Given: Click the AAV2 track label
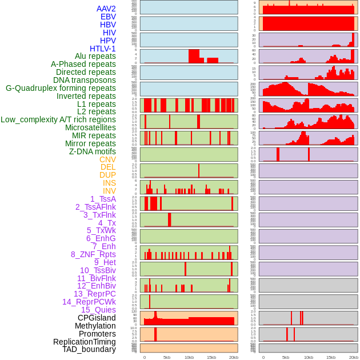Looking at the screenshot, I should pyautogui.click(x=106, y=9).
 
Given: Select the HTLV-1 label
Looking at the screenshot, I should pyautogui.click(x=102, y=49).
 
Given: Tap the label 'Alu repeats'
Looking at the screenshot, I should pyautogui.click(x=95, y=56).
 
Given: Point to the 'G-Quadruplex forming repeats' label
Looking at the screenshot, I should pyautogui.click(x=61, y=88).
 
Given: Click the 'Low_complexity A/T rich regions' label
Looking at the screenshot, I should pyautogui.click(x=58, y=119).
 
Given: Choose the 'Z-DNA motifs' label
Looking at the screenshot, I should pyautogui.click(x=92, y=151).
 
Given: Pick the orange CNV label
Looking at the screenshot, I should pyautogui.click(x=107, y=159).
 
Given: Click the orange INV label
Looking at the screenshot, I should pyautogui.click(x=109, y=191).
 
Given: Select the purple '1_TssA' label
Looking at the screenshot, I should pyautogui.click(x=103, y=199).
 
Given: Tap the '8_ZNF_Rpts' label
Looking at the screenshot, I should pyautogui.click(x=93, y=254).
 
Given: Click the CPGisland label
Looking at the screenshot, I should pyautogui.click(x=97, y=318).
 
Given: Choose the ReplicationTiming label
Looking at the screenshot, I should pyautogui.click(x=84, y=342).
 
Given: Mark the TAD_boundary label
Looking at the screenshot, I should pyautogui.click(x=89, y=349).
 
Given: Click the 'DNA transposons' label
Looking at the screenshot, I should pyautogui.click(x=85, y=80).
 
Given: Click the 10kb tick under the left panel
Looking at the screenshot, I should pyautogui.click(x=189, y=357).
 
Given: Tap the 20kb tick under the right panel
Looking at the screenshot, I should pyautogui.click(x=354, y=357).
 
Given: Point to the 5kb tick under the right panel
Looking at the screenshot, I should pyautogui.click(x=286, y=357).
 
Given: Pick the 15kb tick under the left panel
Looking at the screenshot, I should pyautogui.click(x=211, y=357).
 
